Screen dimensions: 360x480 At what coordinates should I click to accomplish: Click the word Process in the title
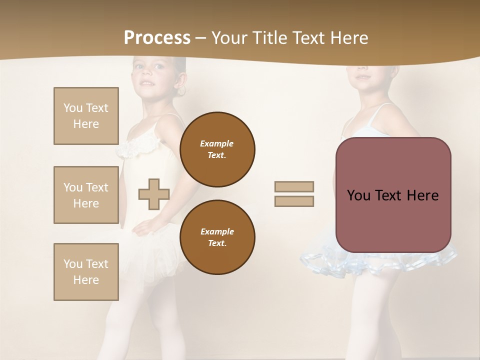coord(157,38)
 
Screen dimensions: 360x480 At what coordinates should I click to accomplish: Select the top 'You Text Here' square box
coord(86,116)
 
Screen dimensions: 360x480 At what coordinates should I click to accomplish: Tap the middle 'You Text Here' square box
coord(86,195)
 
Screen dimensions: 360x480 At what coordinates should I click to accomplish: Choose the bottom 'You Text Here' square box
coord(86,271)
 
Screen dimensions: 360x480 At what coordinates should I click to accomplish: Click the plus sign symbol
coord(154,194)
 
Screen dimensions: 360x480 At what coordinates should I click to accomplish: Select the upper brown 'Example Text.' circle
coord(217,149)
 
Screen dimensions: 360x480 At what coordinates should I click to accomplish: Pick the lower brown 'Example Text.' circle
coord(217,237)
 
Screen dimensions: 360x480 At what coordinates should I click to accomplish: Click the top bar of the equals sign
coord(294,187)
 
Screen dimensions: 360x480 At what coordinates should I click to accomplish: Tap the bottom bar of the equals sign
coord(294,201)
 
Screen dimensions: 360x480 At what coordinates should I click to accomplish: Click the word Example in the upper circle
coord(216,143)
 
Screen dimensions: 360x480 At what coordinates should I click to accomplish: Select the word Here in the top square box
coord(86,124)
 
